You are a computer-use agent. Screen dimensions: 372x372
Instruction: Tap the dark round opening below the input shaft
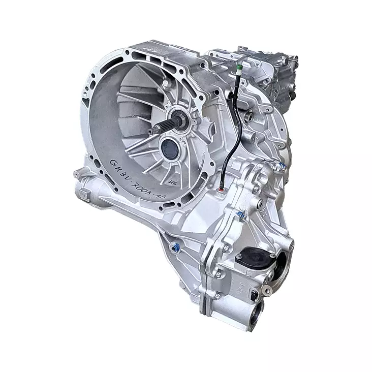pos(169,148)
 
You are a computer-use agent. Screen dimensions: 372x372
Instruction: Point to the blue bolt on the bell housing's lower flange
pos(175,248)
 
